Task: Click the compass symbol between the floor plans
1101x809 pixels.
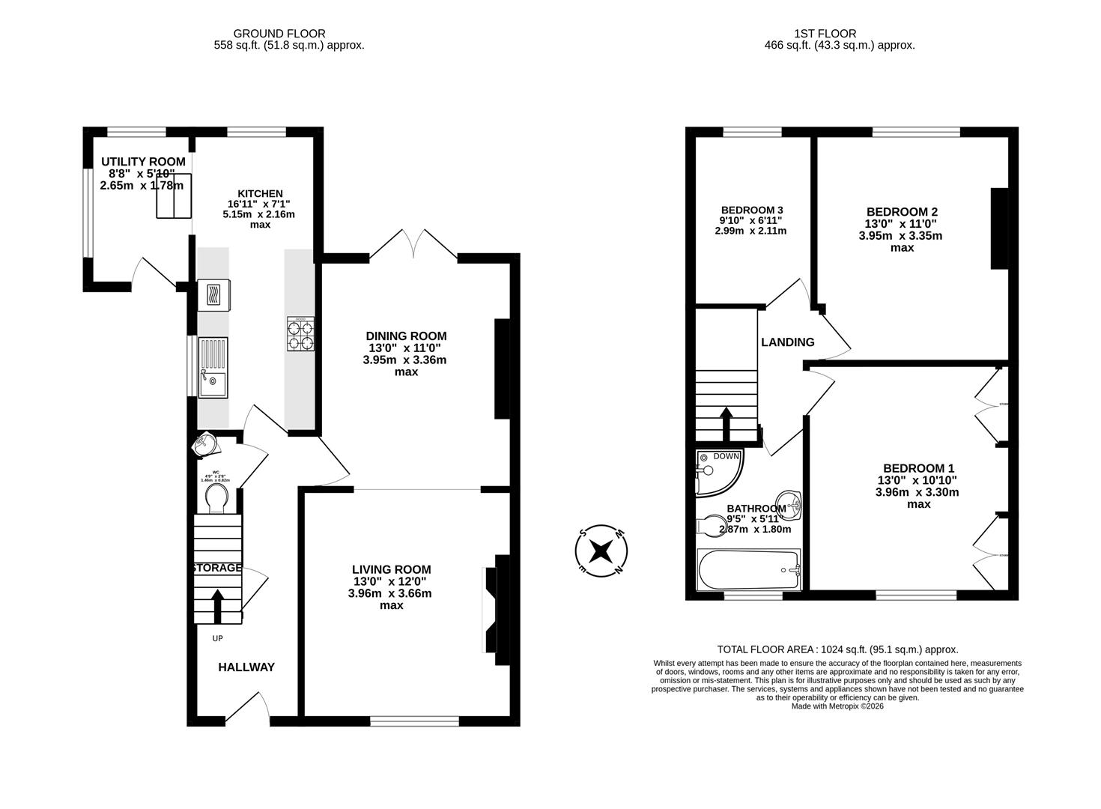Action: (x=601, y=551)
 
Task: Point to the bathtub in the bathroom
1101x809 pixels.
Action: (x=749, y=570)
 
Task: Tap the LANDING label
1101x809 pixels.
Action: (x=787, y=342)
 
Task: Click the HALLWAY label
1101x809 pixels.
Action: (x=246, y=667)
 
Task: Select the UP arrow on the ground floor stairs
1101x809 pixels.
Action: (x=218, y=606)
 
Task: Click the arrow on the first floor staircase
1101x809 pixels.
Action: (x=726, y=423)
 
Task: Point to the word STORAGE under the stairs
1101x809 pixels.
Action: (x=217, y=568)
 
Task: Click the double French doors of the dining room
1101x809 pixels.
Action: (x=413, y=244)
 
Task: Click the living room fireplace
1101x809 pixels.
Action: (x=494, y=610)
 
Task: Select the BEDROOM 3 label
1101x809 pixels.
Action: (x=752, y=210)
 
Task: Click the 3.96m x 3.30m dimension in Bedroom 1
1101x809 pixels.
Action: (x=917, y=492)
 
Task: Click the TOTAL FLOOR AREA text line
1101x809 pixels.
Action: (x=837, y=649)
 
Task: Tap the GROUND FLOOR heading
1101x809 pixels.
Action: (x=279, y=33)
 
